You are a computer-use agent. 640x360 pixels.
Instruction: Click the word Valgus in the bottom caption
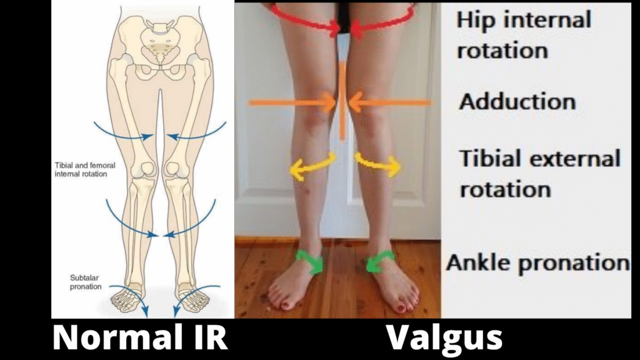444,339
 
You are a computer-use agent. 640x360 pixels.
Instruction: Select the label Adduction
517,101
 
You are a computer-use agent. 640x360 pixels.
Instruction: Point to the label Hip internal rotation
524,34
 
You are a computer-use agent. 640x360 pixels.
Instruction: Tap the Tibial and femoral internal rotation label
81,169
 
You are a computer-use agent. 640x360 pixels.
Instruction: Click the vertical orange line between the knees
342,100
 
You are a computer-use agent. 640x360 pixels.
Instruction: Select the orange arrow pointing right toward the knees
292,102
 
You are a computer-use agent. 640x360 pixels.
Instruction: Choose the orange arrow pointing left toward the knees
390,102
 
